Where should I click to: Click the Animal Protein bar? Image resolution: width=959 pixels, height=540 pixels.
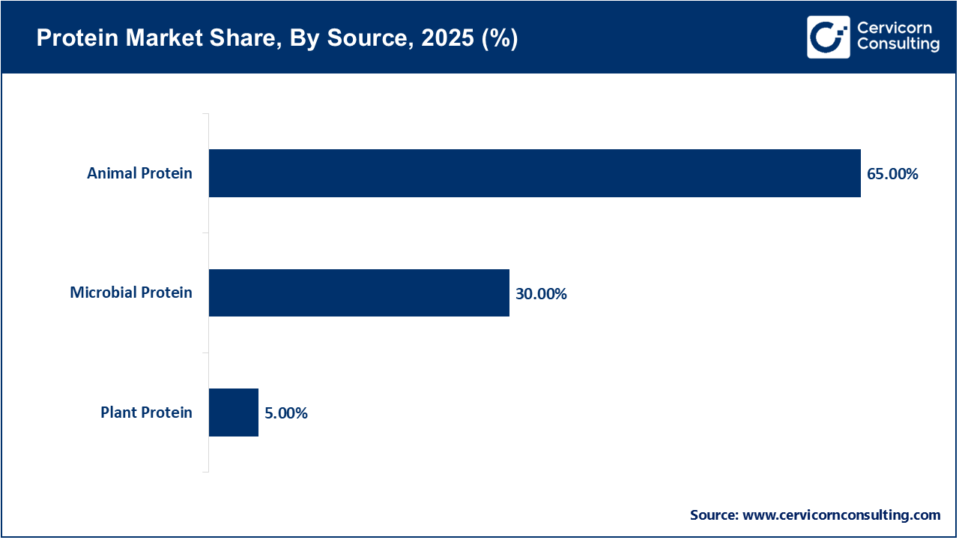534,173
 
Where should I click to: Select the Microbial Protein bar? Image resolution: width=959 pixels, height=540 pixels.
359,293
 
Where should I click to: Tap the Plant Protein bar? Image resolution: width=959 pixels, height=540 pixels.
233,412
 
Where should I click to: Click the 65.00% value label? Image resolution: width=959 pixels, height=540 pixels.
892,174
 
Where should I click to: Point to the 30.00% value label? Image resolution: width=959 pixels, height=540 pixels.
541,294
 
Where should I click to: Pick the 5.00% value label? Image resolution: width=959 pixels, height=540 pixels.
285,413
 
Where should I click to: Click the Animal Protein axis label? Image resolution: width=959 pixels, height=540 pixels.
139,173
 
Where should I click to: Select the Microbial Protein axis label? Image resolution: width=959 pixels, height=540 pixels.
131,292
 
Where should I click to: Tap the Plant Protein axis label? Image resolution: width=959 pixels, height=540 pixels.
146,412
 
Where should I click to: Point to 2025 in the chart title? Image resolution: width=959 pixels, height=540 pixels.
447,39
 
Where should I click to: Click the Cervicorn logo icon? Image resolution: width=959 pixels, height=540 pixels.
828,37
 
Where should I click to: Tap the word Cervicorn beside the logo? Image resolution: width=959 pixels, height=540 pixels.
895,28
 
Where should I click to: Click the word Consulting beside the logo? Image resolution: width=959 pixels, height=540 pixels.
898,45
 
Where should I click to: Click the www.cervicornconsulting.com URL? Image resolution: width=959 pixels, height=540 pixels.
841,515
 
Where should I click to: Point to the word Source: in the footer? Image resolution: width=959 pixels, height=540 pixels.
714,515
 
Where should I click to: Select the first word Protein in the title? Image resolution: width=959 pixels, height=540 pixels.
68,39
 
